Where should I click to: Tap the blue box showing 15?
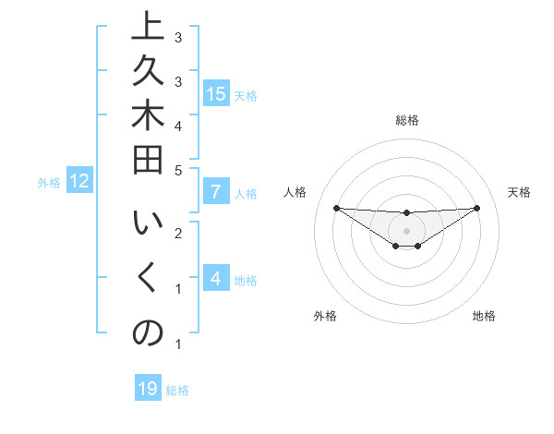(216, 93)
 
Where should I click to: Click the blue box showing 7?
(216, 192)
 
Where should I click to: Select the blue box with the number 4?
(216, 279)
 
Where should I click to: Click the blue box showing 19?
(148, 390)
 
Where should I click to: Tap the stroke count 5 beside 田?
(178, 170)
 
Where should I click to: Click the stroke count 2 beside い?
(178, 233)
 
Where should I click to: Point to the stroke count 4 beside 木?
(178, 125)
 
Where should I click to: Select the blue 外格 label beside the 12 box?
(49, 183)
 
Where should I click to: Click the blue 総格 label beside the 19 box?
(178, 391)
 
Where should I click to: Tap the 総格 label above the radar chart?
(407, 120)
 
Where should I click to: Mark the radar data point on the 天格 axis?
(476, 208)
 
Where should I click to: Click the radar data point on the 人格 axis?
(336, 208)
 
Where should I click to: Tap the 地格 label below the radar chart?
(484, 316)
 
